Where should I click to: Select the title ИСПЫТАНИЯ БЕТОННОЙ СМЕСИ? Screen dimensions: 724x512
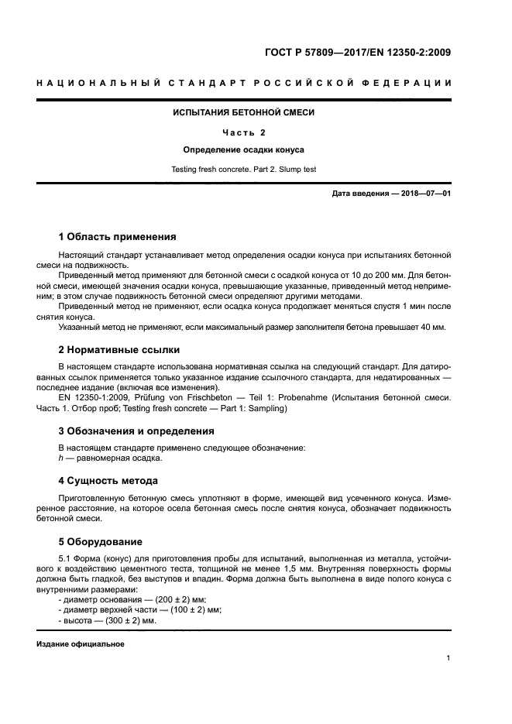click(243, 112)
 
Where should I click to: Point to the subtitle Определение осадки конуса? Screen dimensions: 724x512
click(243, 149)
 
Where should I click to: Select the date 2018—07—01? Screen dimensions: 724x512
click(423, 193)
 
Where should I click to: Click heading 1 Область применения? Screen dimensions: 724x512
click(118, 237)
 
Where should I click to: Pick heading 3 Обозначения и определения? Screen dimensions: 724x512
click(137, 431)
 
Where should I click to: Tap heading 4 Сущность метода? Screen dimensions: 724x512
click(108, 480)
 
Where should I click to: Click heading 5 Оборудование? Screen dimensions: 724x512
click(101, 541)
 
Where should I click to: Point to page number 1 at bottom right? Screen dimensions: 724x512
click(448, 658)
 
